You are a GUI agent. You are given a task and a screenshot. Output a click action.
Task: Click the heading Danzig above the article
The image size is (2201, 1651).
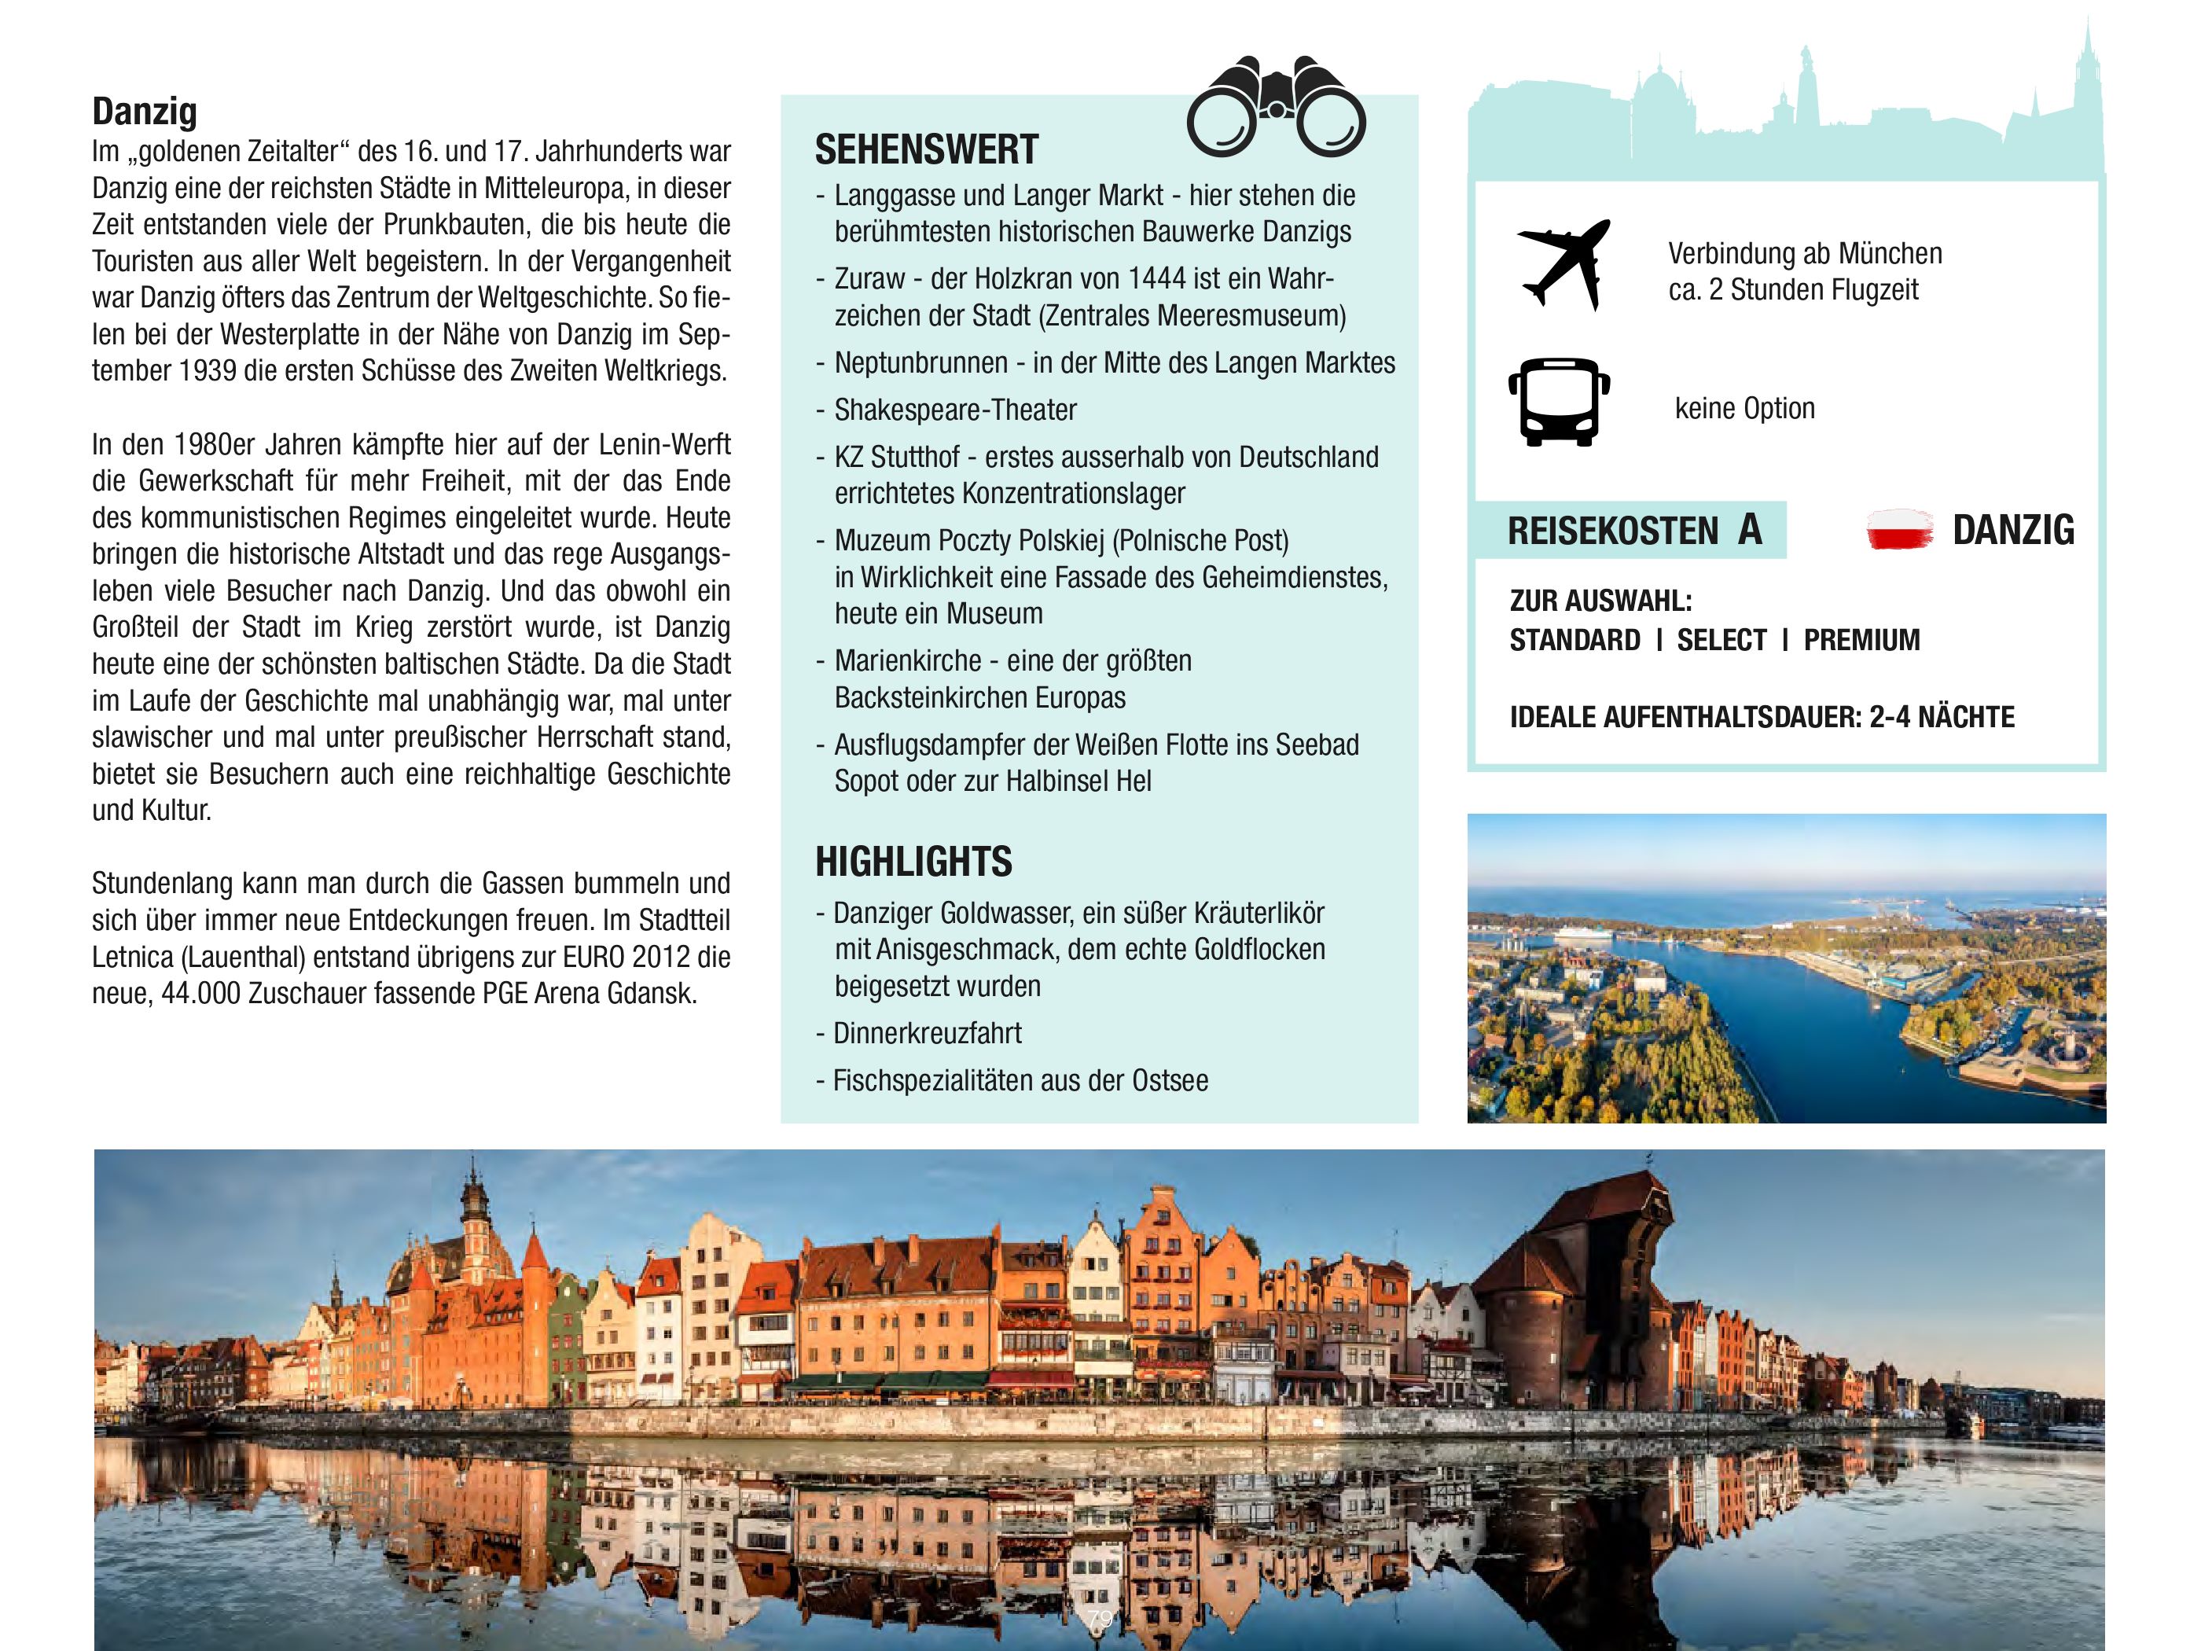[145, 112]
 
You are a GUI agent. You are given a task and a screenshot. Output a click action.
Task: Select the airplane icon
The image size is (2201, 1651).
[1562, 263]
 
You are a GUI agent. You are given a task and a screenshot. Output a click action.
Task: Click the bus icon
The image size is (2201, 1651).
[1558, 401]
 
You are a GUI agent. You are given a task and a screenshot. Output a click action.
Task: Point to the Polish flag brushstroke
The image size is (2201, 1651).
[1899, 529]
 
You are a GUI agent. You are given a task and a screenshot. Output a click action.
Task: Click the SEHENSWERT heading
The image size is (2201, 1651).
[926, 150]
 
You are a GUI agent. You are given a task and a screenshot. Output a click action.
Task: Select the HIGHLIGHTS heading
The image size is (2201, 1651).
[913, 862]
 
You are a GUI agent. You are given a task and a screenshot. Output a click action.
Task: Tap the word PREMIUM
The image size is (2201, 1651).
[1861, 640]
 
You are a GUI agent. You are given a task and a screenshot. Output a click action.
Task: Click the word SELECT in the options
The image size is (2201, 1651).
[1721, 640]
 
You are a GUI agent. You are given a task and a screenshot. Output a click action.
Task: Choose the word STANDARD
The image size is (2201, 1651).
[1575, 640]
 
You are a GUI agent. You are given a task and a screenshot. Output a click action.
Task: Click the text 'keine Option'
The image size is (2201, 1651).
[1744, 408]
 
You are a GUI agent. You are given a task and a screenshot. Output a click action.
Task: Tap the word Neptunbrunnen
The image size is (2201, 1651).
[920, 363]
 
